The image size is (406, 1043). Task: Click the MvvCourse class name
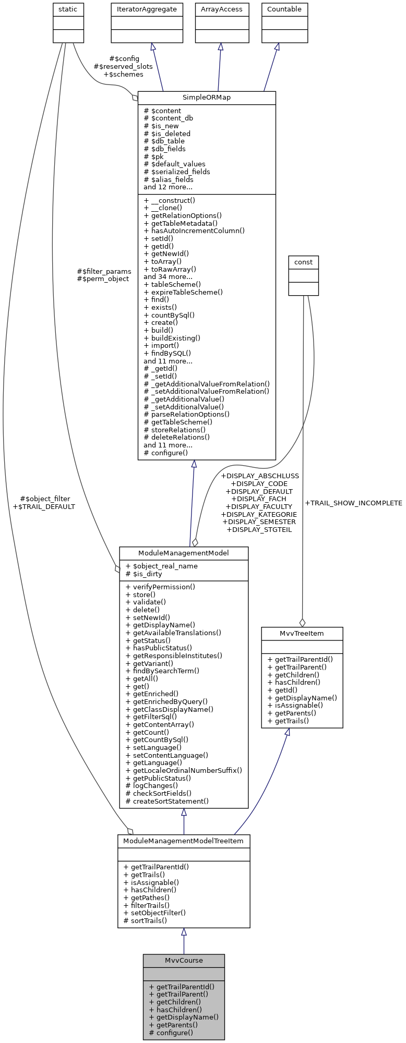184,960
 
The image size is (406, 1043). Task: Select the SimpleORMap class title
207,98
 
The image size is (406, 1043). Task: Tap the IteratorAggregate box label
147,9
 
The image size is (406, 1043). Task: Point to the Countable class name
284,9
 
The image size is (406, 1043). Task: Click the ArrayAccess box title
222,9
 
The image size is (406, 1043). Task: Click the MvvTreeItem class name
302,633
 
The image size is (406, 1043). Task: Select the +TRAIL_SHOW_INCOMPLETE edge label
353,503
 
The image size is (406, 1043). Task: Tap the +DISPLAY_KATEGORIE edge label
259,514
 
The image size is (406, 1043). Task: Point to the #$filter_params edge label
104,271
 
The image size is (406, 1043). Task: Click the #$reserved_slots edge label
123,67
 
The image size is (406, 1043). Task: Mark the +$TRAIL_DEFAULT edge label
44,506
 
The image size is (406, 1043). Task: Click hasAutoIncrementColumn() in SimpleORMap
194,231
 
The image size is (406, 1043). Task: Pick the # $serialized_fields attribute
177,172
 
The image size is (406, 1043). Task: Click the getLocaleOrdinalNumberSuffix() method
187,770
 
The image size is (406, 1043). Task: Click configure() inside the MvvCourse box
174,1032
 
